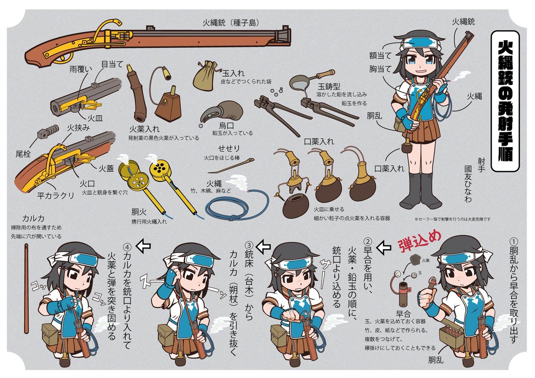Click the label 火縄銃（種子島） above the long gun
(x=230, y=22)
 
